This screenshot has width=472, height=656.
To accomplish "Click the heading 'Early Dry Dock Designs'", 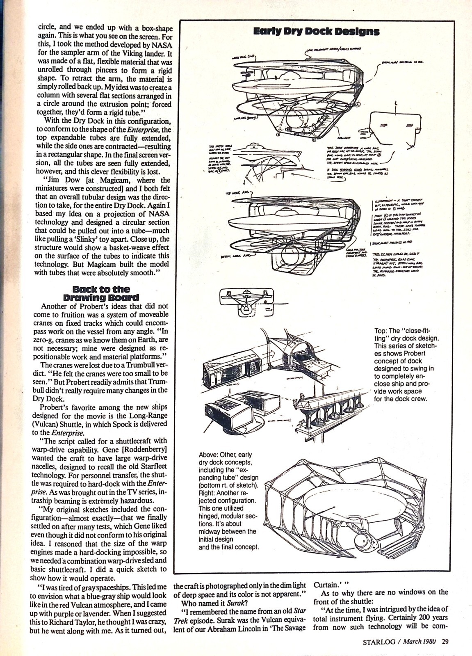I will [316, 32].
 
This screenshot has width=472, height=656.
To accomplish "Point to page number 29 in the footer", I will [445, 642].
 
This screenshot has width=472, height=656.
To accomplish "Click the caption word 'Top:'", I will [381, 331].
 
